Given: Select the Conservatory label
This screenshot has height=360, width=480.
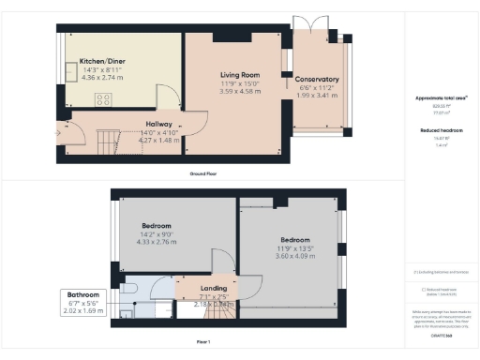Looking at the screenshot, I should (316, 79).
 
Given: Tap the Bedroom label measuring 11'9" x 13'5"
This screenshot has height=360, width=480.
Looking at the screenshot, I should (292, 240).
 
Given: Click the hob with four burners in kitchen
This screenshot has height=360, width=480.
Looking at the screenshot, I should (103, 98).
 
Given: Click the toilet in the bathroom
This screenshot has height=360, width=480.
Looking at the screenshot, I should (129, 289).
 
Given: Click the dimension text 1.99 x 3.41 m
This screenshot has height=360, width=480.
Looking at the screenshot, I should (316, 95).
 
